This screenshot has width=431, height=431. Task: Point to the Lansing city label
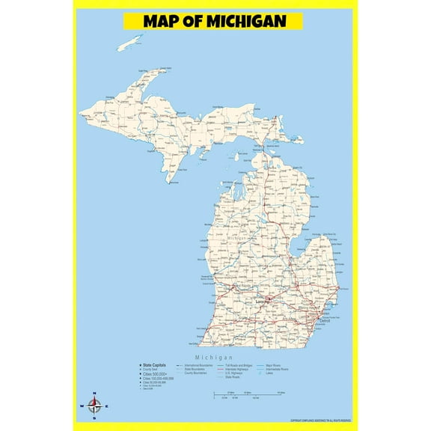[263, 301]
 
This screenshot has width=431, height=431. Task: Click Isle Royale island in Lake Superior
[130, 42]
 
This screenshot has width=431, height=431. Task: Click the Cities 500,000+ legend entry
[156, 374]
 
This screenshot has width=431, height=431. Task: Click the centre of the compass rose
[95, 406]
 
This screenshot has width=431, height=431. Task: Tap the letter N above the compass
[95, 394]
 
